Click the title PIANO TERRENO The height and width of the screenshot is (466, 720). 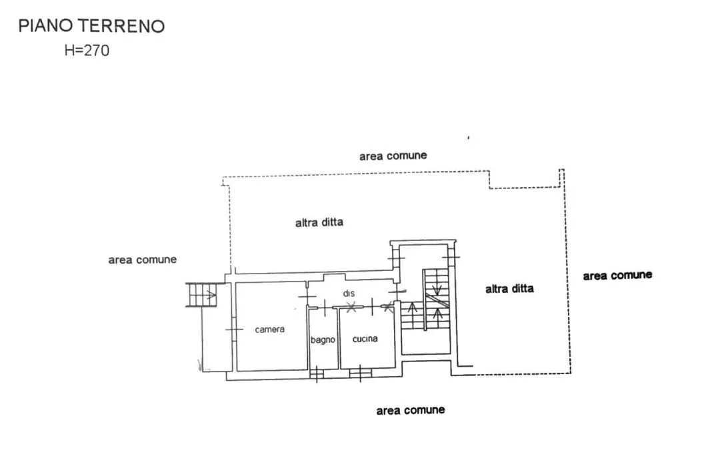click(x=91, y=26)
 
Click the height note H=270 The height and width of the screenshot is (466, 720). click(x=87, y=50)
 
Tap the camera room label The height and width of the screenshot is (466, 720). click(x=269, y=330)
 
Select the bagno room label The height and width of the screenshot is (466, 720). click(x=323, y=340)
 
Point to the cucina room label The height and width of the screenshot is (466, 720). click(x=365, y=339)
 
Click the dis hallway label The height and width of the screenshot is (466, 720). click(x=349, y=293)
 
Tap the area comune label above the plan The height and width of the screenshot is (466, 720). click(x=393, y=156)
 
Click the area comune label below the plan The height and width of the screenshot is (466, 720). click(x=411, y=410)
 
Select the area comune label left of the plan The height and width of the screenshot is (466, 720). click(x=143, y=260)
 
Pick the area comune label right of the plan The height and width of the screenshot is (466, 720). click(x=617, y=276)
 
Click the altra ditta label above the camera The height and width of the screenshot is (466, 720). click(x=319, y=222)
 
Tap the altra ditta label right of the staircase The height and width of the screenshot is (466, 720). click(x=510, y=288)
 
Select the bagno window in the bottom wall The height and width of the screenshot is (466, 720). click(x=317, y=373)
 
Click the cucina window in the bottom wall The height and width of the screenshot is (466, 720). click(x=361, y=373)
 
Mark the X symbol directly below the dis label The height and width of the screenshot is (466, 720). click(x=351, y=307)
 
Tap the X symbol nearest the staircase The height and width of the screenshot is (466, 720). click(x=388, y=306)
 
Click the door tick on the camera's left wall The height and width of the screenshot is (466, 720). click(x=234, y=330)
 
